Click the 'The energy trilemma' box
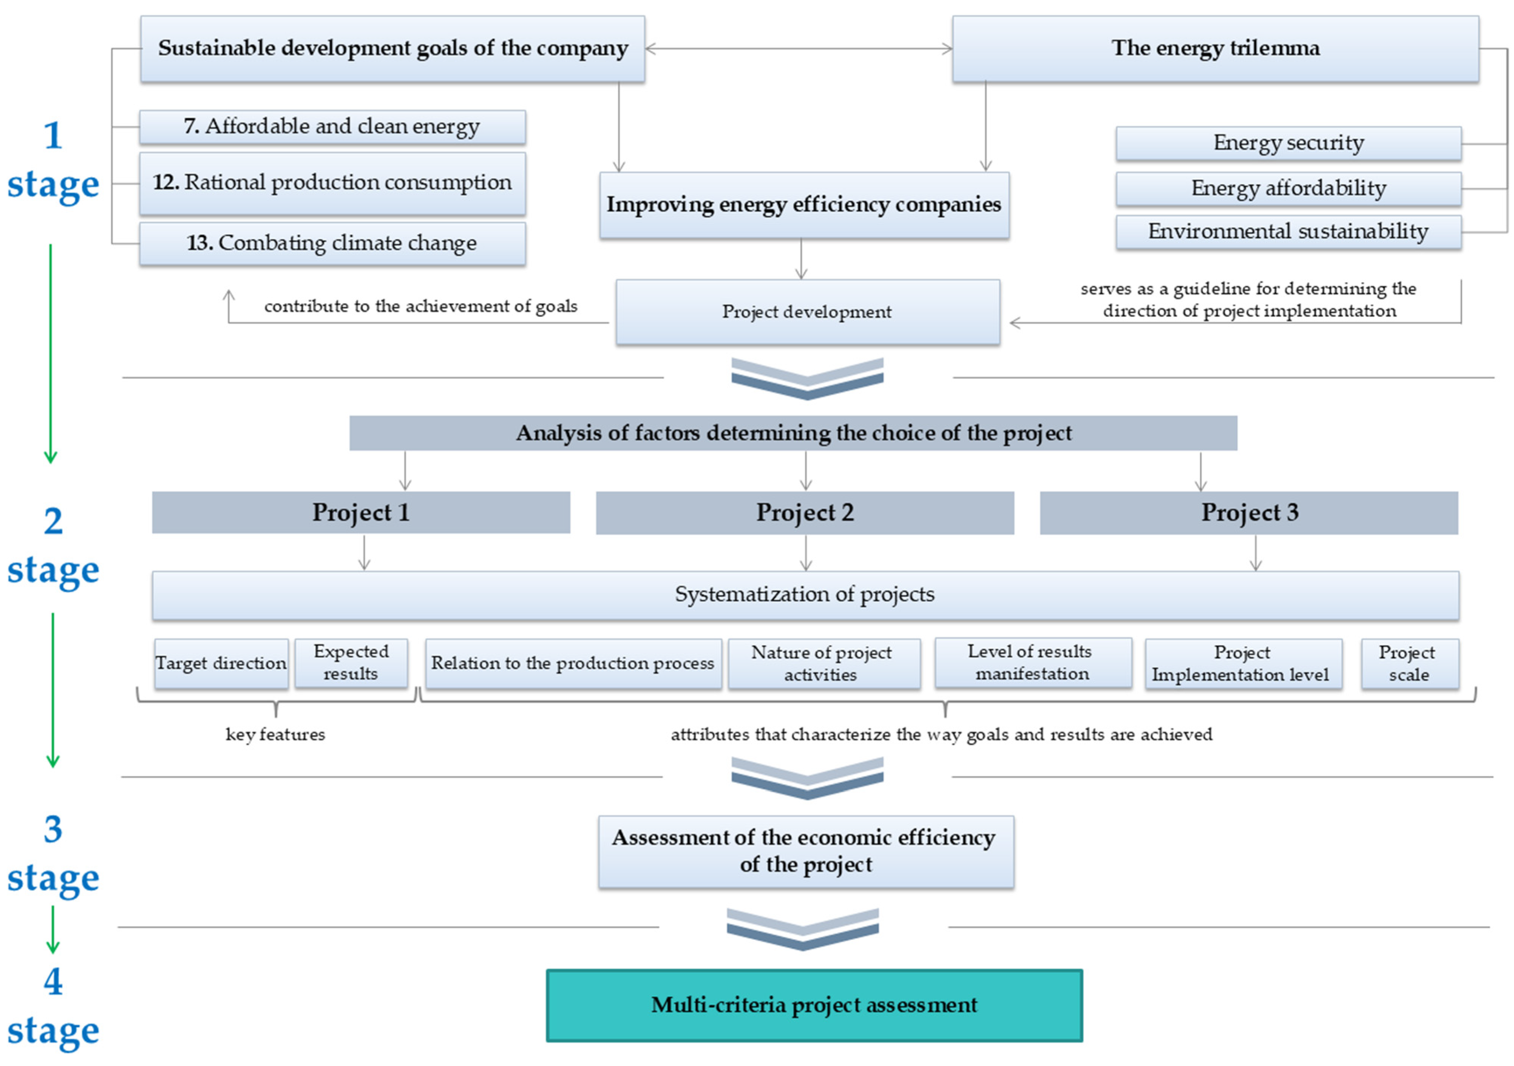[1214, 49]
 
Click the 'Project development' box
[807, 312]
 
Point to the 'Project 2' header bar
[805, 513]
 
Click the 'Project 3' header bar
[1248, 513]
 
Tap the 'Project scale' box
[1409, 663]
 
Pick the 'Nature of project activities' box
[823, 664]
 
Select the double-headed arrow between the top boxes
[798, 49]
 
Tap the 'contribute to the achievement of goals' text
[421, 307]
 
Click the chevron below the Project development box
[807, 379]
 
